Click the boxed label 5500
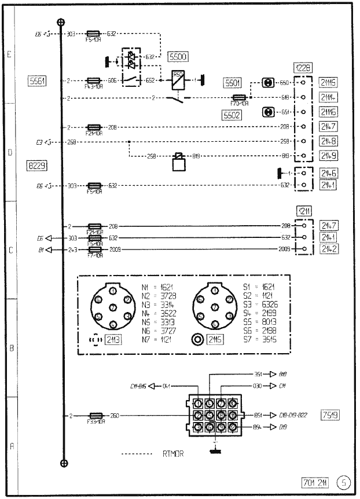click(x=177, y=57)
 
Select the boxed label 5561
click(x=36, y=80)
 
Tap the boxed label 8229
click(x=36, y=165)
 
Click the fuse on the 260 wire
click(x=94, y=416)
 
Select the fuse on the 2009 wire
click(x=94, y=249)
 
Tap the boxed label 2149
click(x=328, y=155)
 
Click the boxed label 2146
click(x=328, y=173)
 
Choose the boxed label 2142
click(x=328, y=249)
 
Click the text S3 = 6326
click(x=259, y=303)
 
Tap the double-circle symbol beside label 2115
click(x=197, y=340)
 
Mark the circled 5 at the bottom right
click(x=344, y=482)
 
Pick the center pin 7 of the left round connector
click(x=112, y=306)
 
